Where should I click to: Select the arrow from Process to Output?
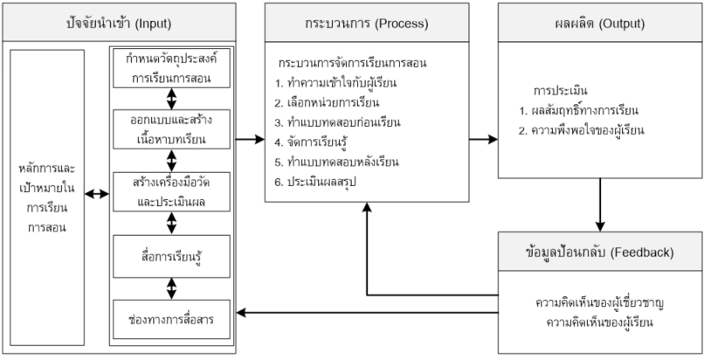(x=479, y=140)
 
